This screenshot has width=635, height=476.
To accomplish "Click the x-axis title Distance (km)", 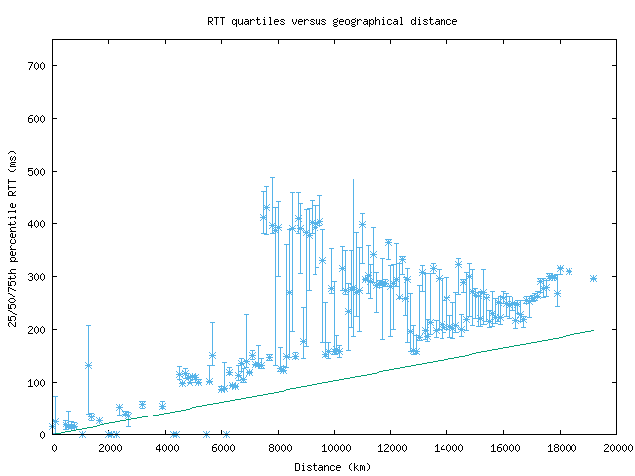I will [332, 466].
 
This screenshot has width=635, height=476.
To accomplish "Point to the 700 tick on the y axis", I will [36, 66].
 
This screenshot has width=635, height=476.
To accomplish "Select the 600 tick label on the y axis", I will [36, 119].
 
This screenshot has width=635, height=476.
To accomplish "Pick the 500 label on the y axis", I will [36, 172].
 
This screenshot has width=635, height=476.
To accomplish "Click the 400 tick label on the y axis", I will [36, 224].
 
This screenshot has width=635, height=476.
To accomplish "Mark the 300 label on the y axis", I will [36, 277].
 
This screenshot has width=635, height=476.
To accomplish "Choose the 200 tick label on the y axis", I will [36, 329].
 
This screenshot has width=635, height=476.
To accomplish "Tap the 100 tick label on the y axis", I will [36, 382].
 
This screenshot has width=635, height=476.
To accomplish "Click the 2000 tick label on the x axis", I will [109, 448].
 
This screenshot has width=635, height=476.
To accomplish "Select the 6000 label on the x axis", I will [222, 448].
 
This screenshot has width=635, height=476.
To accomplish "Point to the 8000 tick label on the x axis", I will [279, 448].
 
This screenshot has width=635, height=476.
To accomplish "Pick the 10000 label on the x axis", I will [334, 448].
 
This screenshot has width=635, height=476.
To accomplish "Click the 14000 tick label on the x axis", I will [447, 448].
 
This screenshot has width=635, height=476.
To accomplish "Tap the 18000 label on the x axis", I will [561, 448].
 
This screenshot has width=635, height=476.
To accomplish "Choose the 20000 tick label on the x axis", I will [615, 448].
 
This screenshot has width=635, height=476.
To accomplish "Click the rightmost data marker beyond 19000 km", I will [593, 278].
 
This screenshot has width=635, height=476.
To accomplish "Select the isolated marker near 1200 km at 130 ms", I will [88, 365].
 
